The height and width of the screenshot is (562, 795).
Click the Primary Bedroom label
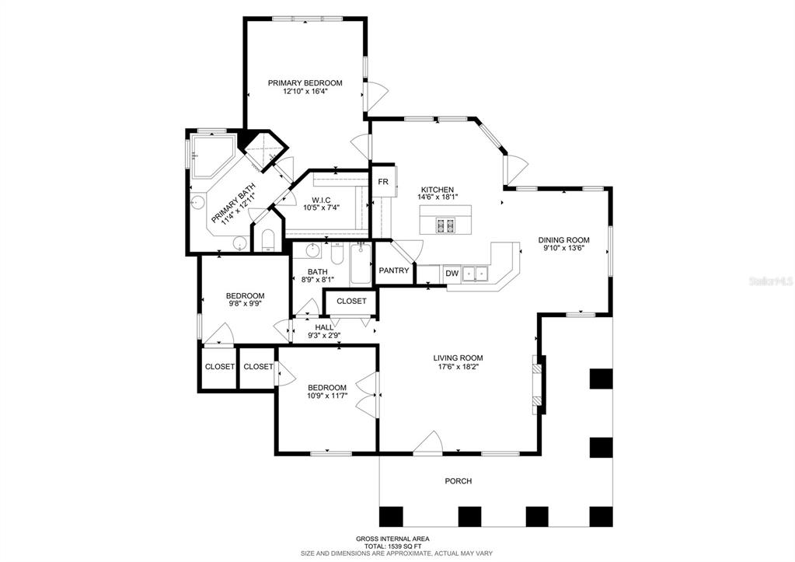tap(305, 82)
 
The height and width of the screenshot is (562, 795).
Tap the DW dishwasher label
tap(452, 274)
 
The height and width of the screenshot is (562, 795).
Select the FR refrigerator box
tap(383, 182)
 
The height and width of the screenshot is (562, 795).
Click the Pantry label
tap(394, 271)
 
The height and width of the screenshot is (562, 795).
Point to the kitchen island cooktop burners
tap(445, 224)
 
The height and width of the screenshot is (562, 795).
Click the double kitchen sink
tap(473, 274)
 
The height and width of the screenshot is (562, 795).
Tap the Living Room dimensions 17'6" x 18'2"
tap(458, 366)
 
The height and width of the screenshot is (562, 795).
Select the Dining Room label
tap(563, 240)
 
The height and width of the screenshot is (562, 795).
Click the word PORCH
tap(459, 481)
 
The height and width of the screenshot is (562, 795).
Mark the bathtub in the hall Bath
tap(361, 264)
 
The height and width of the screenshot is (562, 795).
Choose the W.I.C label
tap(321, 201)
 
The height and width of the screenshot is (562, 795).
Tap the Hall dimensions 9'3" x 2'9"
tap(325, 335)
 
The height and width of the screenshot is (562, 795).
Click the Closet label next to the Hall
tap(351, 301)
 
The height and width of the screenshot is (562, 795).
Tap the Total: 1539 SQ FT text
tap(393, 546)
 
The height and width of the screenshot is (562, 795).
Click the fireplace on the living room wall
tap(539, 386)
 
